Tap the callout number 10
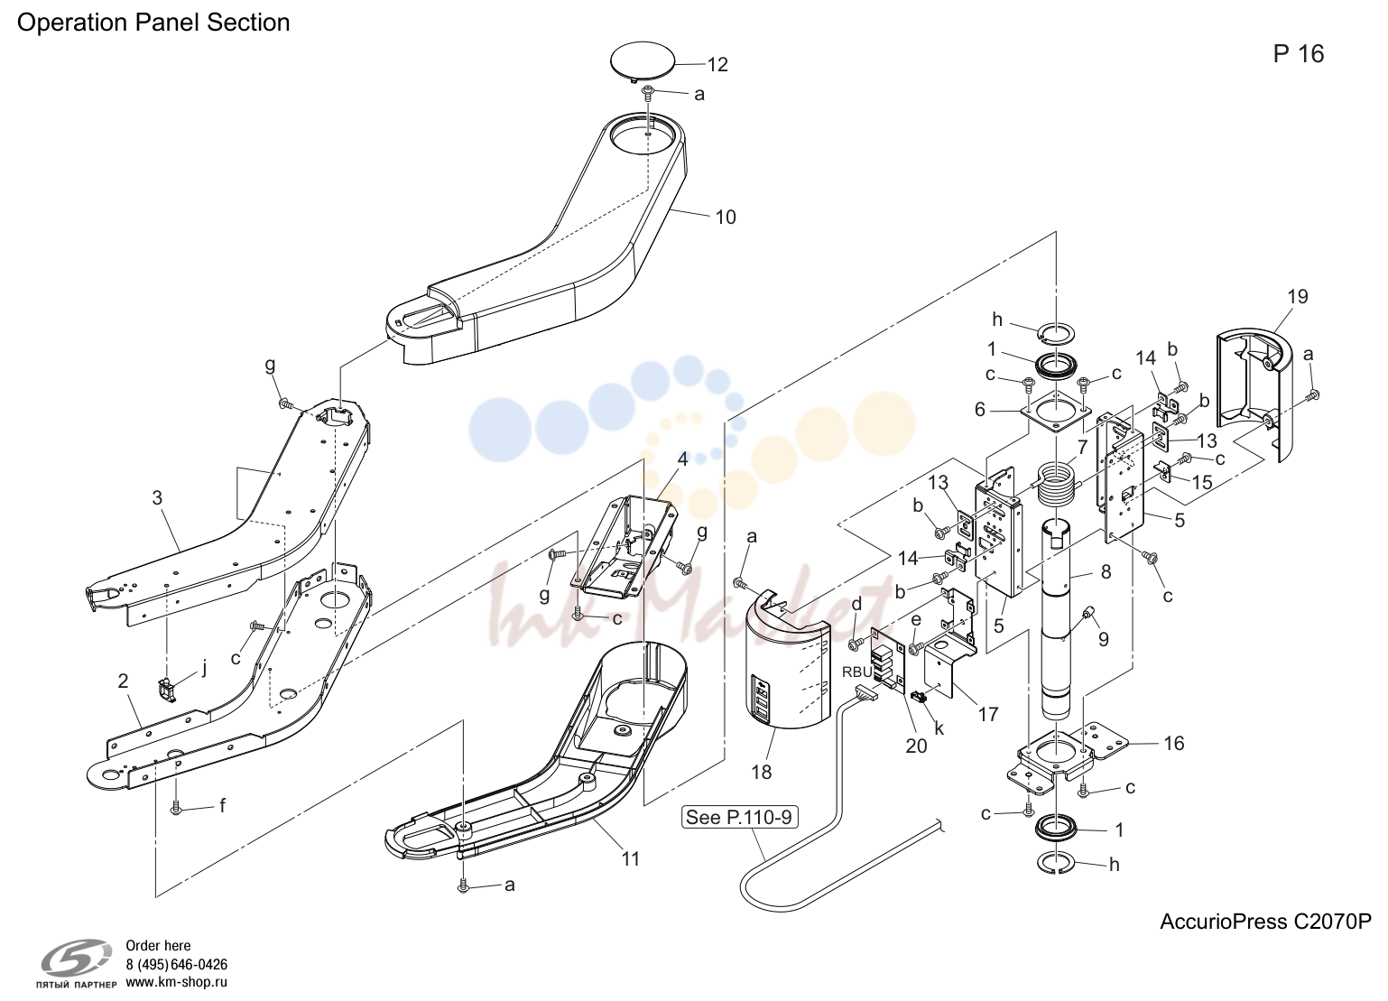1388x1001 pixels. (x=726, y=217)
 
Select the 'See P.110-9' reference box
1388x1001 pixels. (x=739, y=817)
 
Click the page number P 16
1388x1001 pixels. (x=1299, y=54)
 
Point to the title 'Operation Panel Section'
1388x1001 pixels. (x=153, y=23)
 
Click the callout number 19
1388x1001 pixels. (x=1298, y=296)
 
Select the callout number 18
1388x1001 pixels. (x=762, y=772)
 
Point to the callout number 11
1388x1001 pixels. (x=630, y=858)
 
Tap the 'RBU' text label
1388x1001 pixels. (x=857, y=672)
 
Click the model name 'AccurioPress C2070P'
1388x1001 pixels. (x=1265, y=922)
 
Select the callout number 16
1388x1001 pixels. (x=1173, y=743)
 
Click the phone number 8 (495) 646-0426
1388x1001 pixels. (x=177, y=964)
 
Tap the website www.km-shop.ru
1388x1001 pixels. (x=177, y=982)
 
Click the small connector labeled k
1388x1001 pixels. (x=919, y=697)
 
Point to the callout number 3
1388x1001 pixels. (x=157, y=497)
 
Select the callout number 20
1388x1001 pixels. (x=916, y=746)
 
